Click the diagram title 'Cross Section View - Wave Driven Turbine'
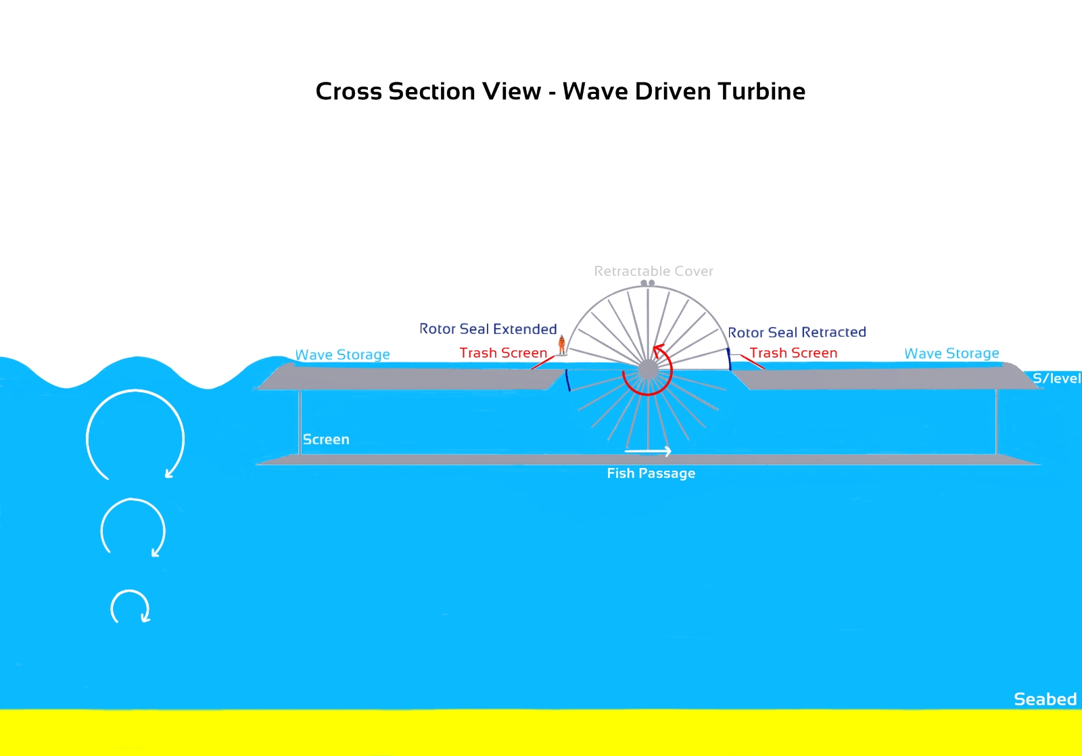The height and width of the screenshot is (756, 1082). pyautogui.click(x=560, y=91)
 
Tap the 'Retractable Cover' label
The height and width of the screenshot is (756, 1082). pyautogui.click(x=653, y=271)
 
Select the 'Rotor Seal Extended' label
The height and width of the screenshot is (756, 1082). pyautogui.click(x=488, y=329)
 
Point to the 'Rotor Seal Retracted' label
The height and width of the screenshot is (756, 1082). pyautogui.click(x=797, y=333)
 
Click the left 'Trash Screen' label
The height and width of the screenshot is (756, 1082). pyautogui.click(x=503, y=353)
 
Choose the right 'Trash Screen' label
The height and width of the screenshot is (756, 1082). pyautogui.click(x=793, y=353)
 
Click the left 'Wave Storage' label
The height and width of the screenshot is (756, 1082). pyautogui.click(x=342, y=355)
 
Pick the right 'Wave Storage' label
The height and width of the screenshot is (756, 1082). pyautogui.click(x=951, y=354)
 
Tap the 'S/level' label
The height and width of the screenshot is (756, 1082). pyautogui.click(x=1056, y=379)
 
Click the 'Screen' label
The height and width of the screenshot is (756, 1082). pyautogui.click(x=326, y=440)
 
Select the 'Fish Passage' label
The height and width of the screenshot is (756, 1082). pyautogui.click(x=651, y=473)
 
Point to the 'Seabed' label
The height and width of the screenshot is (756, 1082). pyautogui.click(x=1045, y=699)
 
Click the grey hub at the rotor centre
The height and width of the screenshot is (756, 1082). pyautogui.click(x=648, y=370)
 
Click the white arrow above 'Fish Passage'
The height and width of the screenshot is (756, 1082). pyautogui.click(x=648, y=451)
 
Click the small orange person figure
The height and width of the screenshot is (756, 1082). pyautogui.click(x=561, y=345)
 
